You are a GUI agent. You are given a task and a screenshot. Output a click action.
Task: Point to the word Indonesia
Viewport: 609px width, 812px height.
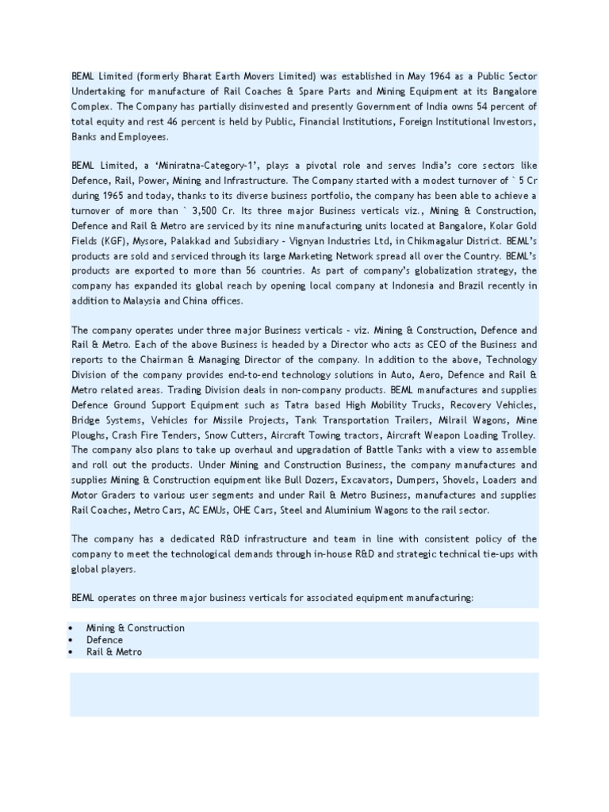(x=418, y=285)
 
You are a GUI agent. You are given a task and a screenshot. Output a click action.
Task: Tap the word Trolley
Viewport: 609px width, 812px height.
(x=516, y=435)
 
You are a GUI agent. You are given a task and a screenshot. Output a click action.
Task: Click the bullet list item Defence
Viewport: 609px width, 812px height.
(x=105, y=640)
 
